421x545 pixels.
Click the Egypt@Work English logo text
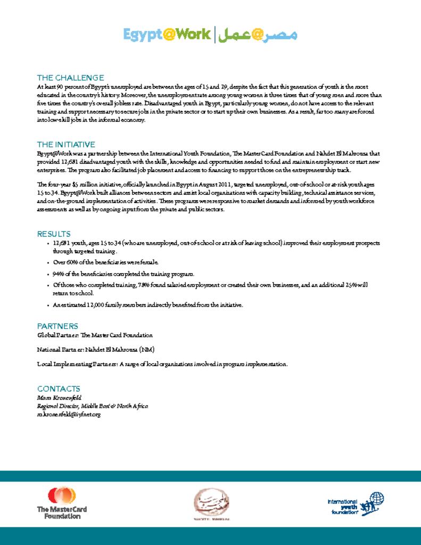click(x=167, y=35)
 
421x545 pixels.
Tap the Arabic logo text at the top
click(x=258, y=35)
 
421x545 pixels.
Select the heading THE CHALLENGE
click(x=70, y=78)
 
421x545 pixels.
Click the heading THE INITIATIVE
click(x=66, y=144)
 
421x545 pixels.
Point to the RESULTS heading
click(x=54, y=234)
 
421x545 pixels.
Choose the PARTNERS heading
click(x=57, y=326)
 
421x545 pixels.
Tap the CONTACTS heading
click(x=59, y=389)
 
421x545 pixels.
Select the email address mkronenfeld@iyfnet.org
click(x=69, y=414)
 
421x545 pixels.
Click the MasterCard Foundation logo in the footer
click(x=62, y=503)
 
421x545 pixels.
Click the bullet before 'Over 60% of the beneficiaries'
click(x=48, y=263)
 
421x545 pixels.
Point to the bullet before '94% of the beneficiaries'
click(x=48, y=274)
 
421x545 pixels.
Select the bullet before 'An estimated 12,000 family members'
click(x=48, y=305)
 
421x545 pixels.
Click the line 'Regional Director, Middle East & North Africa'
click(x=93, y=406)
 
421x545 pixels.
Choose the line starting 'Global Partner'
click(x=95, y=335)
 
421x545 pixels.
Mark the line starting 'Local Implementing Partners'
click(x=162, y=364)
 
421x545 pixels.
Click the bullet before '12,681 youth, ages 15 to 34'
click(x=48, y=243)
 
